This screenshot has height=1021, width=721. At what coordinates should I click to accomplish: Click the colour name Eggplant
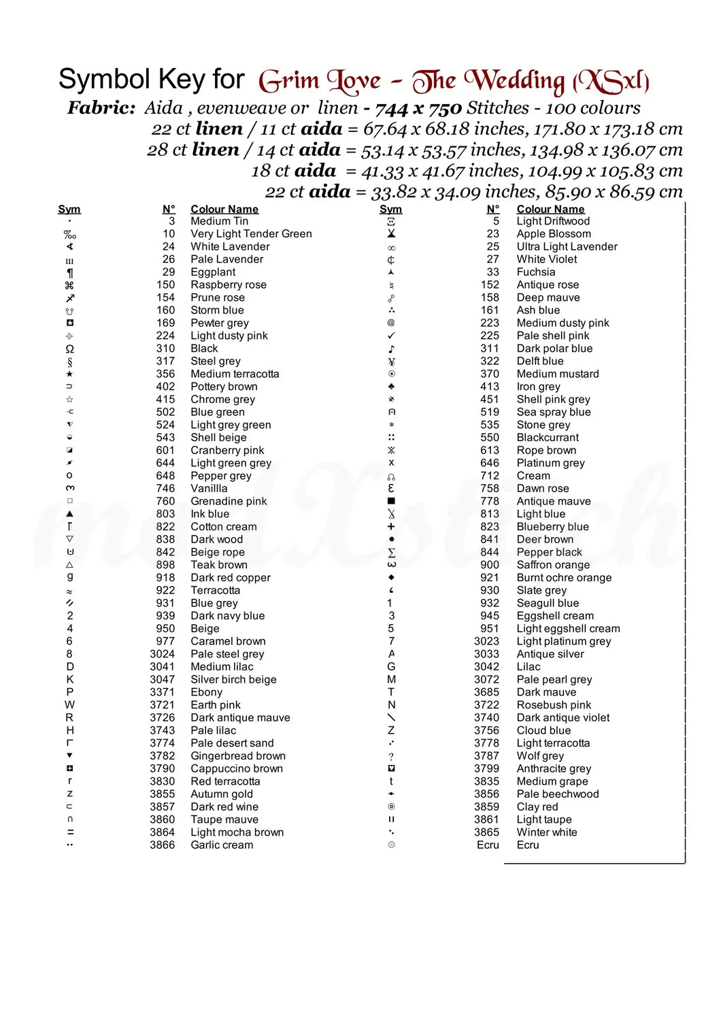pos(213,272)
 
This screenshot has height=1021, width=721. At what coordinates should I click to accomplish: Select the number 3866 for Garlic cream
pos(162,845)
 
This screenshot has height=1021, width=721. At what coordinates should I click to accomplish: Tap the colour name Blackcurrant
pos(548,438)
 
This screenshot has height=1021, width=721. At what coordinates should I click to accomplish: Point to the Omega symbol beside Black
pos(69,349)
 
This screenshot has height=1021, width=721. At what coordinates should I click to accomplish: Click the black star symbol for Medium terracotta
pos(69,374)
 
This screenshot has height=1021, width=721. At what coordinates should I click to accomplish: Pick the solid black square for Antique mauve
pos(391,501)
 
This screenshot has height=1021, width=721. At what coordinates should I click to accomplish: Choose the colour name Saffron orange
pos(553,565)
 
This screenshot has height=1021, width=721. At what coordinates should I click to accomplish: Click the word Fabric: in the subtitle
pos(101,108)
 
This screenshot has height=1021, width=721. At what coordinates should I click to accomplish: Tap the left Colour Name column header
pos(224,209)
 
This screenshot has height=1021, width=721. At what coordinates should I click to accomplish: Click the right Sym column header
pos(390,209)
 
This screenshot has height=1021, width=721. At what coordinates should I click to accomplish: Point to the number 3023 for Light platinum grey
pos(486,641)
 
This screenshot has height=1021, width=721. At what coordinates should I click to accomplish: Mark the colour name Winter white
pos(547,832)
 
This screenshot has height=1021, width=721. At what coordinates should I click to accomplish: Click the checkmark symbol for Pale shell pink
pos(391,336)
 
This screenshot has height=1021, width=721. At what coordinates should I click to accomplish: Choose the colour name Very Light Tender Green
pos(251,234)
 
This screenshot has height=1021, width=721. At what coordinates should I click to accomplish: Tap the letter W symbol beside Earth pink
pos(69,705)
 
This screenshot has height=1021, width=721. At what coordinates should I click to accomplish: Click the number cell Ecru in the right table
pos(488,845)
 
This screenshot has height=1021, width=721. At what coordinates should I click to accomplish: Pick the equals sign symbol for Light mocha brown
pos(69,832)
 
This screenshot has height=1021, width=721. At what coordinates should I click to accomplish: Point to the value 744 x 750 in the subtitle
pos(418,108)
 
